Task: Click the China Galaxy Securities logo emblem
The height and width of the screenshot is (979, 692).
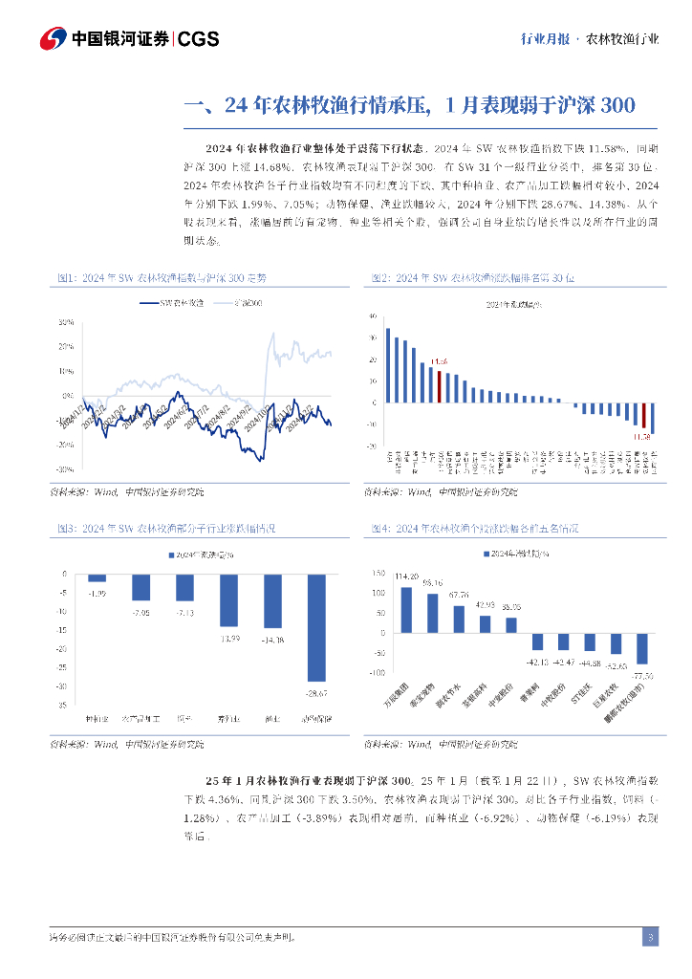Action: click(x=54, y=39)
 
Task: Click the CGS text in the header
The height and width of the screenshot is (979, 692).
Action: click(x=199, y=39)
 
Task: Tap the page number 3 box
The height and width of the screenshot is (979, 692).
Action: click(x=650, y=937)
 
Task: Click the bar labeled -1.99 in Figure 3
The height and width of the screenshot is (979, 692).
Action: click(x=97, y=577)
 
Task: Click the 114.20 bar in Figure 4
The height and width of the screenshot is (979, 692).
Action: click(x=406, y=610)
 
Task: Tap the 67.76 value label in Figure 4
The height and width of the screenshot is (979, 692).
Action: click(x=459, y=595)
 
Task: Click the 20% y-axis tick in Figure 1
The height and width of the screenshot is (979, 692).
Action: click(x=66, y=346)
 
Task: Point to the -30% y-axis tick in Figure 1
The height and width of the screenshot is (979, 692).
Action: click(x=65, y=470)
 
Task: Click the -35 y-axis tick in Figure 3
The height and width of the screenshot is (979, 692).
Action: click(x=63, y=705)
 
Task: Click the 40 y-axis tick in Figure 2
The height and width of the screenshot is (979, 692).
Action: click(x=373, y=313)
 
